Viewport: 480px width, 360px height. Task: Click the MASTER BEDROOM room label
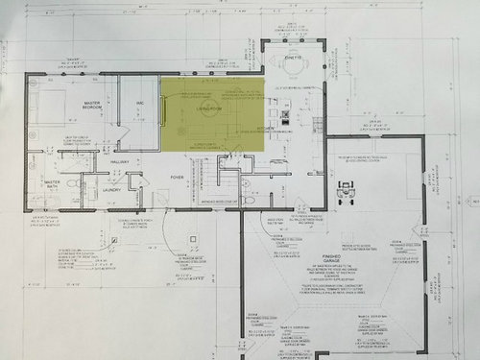tap(92, 107)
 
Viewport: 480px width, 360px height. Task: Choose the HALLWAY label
tap(118, 164)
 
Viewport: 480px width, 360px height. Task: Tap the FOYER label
tap(178, 178)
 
